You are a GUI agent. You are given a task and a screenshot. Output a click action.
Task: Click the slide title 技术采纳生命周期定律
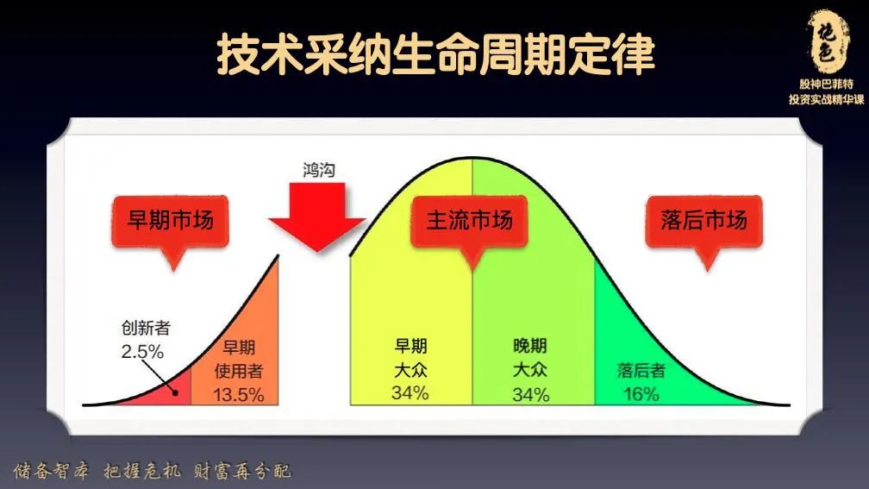[434, 54]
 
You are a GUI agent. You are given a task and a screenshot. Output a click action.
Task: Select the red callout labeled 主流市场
[469, 220]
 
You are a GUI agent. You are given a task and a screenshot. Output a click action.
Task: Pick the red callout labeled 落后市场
[703, 220]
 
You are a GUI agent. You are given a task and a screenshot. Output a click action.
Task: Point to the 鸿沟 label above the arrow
[319, 170]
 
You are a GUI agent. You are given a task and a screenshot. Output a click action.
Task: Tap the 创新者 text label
[145, 329]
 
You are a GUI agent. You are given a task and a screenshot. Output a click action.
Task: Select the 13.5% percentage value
[239, 395]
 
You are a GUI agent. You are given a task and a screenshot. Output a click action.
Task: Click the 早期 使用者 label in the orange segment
[239, 360]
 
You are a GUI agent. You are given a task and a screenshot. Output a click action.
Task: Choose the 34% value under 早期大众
[410, 394]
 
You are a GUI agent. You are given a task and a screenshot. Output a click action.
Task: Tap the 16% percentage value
[641, 395]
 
